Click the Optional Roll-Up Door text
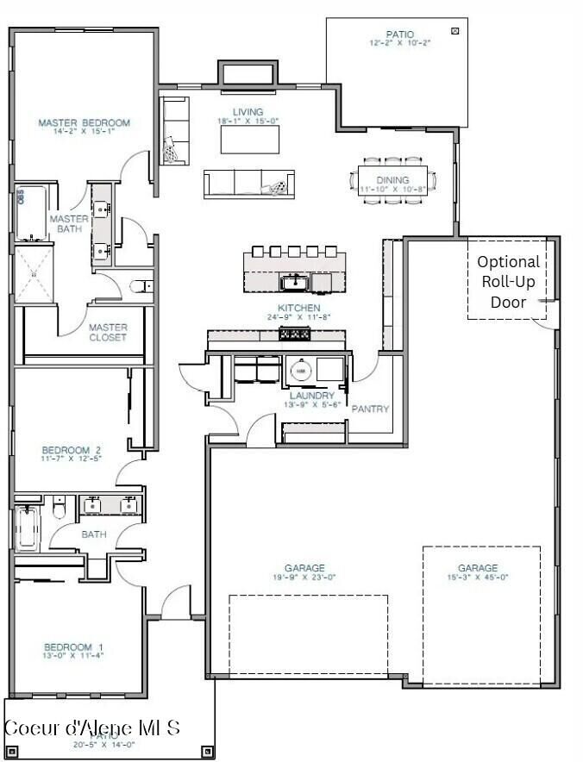click(508, 282)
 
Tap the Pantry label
click(371, 409)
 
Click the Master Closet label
click(108, 332)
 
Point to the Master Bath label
click(68, 224)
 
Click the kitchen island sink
click(293, 281)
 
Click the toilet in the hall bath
click(59, 509)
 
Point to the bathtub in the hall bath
click(26, 528)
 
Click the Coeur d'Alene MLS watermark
click(92, 727)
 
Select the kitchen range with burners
click(295, 334)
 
